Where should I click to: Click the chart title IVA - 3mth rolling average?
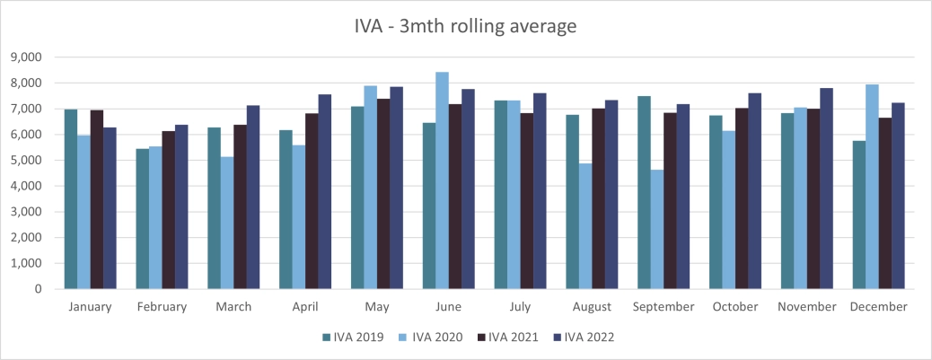click(466, 27)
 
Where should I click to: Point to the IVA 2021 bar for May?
click(383, 194)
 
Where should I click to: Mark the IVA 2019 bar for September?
click(644, 192)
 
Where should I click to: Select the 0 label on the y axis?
click(40, 289)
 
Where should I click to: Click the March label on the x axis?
click(233, 307)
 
